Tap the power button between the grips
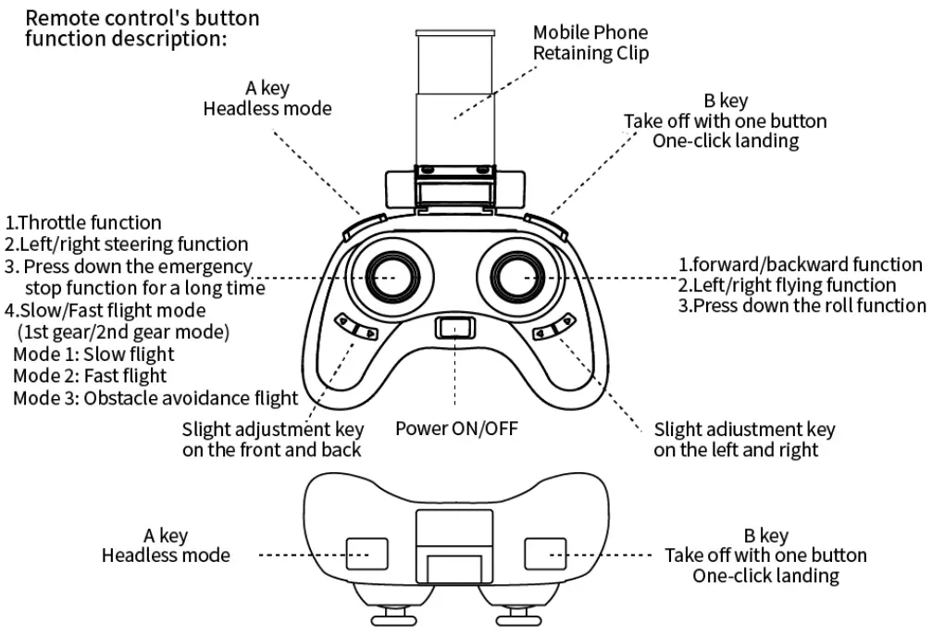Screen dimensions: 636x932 point(454,327)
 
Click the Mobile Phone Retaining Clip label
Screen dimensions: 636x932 point(590,43)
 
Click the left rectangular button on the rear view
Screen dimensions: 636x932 point(363,554)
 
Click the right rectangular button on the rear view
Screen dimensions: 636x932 point(543,554)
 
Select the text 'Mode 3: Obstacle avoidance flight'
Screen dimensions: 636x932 point(155,398)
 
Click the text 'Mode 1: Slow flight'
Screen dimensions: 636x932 point(93,354)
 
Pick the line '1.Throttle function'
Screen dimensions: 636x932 point(84,222)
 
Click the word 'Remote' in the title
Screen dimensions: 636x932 point(57,18)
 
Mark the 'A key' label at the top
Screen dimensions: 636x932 point(267,89)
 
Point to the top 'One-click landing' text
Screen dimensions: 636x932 point(725,141)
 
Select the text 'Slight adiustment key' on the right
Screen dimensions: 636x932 point(744,429)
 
